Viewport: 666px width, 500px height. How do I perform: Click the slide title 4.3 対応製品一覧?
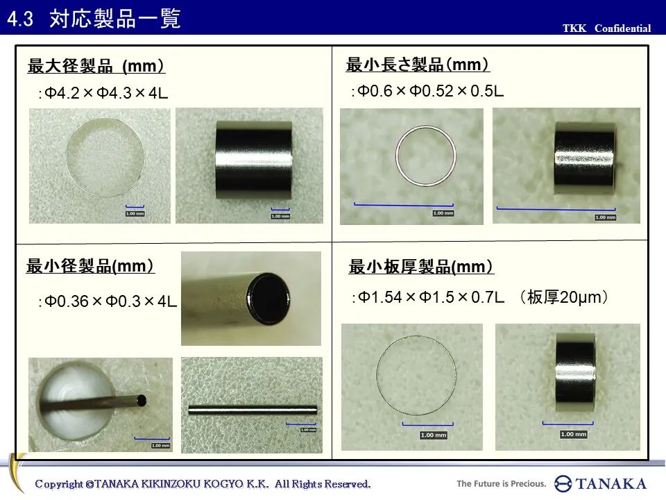[x=94, y=19]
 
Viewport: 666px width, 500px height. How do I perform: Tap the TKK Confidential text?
[x=606, y=28]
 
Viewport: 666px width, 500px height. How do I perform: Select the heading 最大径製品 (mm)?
[x=96, y=67]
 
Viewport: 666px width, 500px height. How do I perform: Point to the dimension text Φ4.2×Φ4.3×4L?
[x=104, y=93]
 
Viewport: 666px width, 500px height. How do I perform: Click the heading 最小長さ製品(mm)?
[x=418, y=65]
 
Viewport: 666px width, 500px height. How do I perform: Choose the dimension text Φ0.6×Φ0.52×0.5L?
[x=428, y=91]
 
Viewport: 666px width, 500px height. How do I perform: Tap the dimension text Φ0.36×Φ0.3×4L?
[x=108, y=301]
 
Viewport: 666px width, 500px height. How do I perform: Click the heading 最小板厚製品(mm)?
[x=421, y=267]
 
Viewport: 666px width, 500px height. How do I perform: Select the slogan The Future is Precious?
[x=501, y=483]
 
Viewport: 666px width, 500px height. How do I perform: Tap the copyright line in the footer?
[x=203, y=483]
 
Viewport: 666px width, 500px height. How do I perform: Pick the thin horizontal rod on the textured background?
[x=252, y=409]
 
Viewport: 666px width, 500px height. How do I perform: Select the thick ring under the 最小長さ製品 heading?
[x=425, y=155]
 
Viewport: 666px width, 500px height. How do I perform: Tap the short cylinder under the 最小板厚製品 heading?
[x=575, y=363]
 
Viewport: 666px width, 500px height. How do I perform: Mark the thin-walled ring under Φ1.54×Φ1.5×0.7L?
[x=416, y=376]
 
